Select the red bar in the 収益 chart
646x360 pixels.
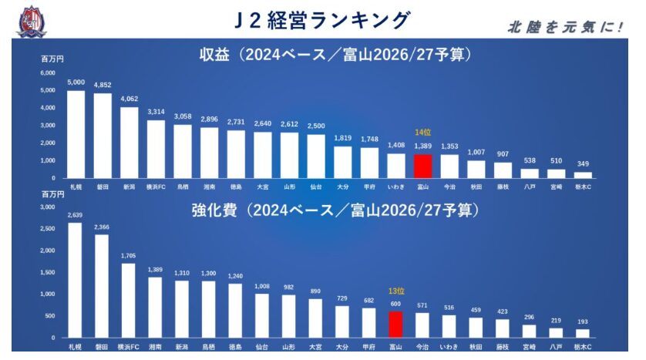click(422, 166)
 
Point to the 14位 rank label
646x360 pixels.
click(422, 133)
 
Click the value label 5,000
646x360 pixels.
click(76, 82)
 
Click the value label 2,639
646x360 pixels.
click(76, 215)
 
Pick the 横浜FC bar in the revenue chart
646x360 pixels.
click(156, 149)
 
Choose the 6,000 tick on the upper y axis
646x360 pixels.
click(48, 73)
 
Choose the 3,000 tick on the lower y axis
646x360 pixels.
click(48, 207)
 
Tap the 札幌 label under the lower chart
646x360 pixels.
click(76, 347)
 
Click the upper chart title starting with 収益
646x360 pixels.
click(335, 55)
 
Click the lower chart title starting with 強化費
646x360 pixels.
click(335, 210)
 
